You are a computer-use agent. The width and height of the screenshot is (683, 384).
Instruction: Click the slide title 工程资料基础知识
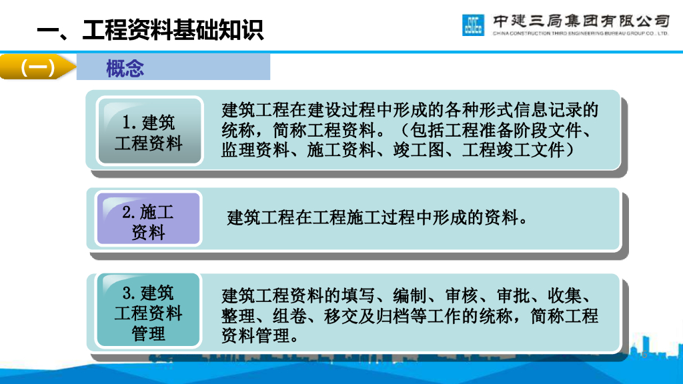click(172, 30)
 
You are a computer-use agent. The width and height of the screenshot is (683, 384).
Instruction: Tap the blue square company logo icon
click(473, 25)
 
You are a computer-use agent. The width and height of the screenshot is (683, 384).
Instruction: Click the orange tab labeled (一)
click(37, 68)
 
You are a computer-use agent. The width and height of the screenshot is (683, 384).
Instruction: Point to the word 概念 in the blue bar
click(125, 68)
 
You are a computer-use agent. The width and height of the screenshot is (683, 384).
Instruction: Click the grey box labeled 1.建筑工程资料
click(149, 132)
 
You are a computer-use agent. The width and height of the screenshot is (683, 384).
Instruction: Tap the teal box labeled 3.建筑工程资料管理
click(148, 312)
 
